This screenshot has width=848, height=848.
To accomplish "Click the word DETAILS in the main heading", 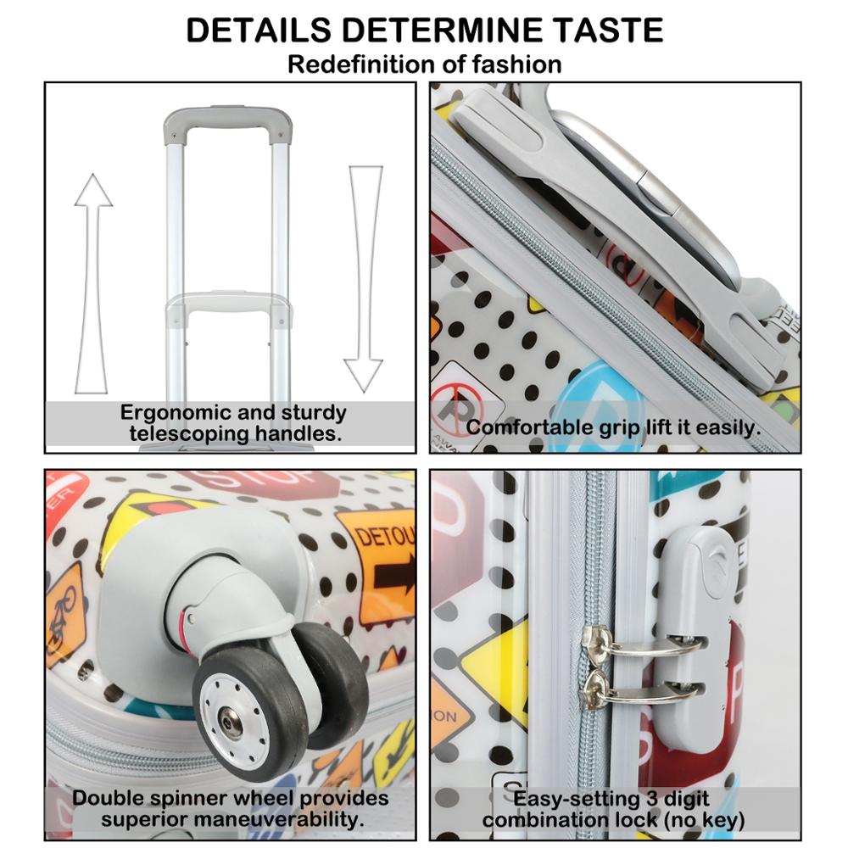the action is tap(258, 30).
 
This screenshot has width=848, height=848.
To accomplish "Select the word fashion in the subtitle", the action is tap(516, 64).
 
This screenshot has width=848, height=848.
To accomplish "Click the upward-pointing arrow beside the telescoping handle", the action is tap(93, 283).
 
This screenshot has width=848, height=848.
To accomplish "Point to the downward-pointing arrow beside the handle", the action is tap(365, 278).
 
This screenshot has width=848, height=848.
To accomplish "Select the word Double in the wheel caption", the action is tap(108, 799).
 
